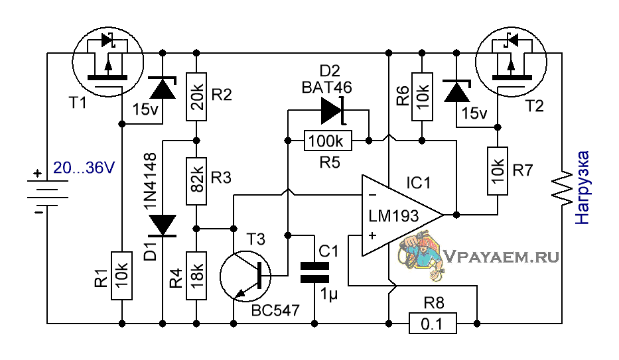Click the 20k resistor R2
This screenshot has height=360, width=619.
pyautogui.click(x=196, y=97)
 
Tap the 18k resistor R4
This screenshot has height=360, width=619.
pyautogui.click(x=196, y=276)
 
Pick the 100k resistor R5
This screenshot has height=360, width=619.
pyautogui.click(x=328, y=141)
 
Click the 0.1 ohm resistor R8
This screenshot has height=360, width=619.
pyautogui.click(x=433, y=324)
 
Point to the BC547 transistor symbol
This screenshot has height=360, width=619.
pyautogui.click(x=245, y=276)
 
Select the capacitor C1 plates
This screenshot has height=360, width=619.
pyautogui.click(x=314, y=272)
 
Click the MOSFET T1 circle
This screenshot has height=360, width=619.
pyautogui.click(x=107, y=62)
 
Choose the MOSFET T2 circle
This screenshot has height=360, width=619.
pyautogui.click(x=512, y=62)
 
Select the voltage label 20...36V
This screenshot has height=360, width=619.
pyautogui.click(x=84, y=168)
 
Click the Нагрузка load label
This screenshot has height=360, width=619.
pyautogui.click(x=582, y=188)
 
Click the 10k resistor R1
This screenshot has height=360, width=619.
pyautogui.click(x=121, y=276)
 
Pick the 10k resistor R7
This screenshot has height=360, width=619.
pyautogui.click(x=498, y=171)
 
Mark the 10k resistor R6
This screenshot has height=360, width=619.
pyautogui.click(x=422, y=97)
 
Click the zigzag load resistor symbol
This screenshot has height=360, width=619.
pyautogui.click(x=562, y=188)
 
